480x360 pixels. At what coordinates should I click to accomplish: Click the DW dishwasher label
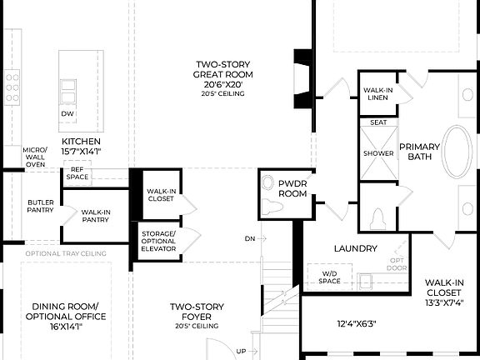(x=67, y=114)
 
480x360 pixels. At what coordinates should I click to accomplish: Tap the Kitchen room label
(x=81, y=147)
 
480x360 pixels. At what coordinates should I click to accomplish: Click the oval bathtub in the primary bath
(x=456, y=152)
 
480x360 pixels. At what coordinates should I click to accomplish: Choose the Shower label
(x=377, y=153)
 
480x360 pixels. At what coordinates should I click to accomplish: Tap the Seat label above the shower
(x=377, y=122)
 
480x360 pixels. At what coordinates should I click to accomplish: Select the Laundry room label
(x=356, y=248)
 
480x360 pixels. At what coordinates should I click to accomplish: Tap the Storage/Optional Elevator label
(x=158, y=241)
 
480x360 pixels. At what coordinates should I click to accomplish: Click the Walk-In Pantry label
(x=97, y=216)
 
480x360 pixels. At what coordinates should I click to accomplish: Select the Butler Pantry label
(x=41, y=205)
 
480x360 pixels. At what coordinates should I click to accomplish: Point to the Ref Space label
(x=77, y=173)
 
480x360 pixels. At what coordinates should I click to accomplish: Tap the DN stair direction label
(x=250, y=238)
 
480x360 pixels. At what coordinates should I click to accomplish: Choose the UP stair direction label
(x=242, y=352)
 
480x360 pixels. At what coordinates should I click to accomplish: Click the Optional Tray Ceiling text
(x=66, y=253)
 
